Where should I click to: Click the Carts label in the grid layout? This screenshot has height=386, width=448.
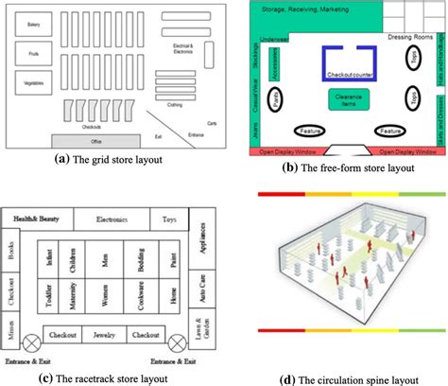click(212, 122)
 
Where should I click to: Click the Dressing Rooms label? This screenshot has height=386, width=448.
click(410, 36)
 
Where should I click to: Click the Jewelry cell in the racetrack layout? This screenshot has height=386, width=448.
click(104, 334)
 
